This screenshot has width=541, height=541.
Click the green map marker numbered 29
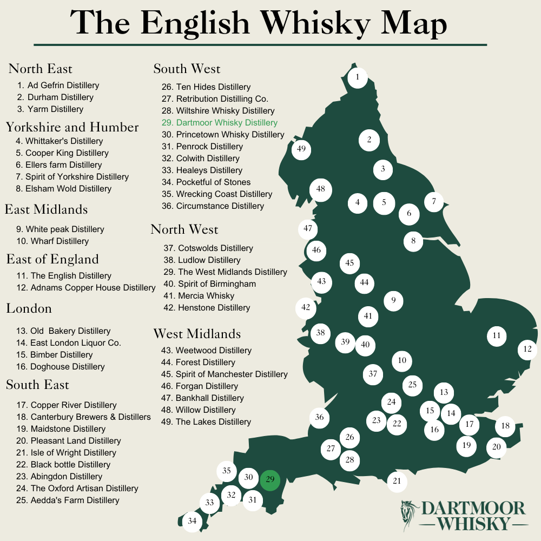(270, 480)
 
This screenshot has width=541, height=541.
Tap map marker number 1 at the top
(357, 78)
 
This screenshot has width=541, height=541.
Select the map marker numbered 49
(301, 149)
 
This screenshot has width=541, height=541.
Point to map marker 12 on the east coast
(527, 349)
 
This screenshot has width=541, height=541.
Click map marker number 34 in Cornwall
(192, 522)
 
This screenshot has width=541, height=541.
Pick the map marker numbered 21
(397, 481)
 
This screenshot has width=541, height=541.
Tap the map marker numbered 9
(393, 300)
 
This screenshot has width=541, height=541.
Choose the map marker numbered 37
(373, 374)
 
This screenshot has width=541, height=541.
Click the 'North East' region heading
(40, 69)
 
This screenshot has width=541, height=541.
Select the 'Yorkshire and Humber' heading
(72, 127)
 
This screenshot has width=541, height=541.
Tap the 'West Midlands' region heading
(197, 333)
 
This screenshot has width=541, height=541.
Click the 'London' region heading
(29, 308)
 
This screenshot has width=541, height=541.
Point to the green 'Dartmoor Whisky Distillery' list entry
(220, 123)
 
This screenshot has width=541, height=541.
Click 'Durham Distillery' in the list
(55, 97)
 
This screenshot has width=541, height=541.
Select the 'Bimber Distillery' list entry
(54, 355)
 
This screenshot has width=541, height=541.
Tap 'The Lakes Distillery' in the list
(206, 422)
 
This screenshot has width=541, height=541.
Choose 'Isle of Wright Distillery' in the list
(66, 453)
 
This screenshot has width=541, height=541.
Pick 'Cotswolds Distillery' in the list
(208, 248)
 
